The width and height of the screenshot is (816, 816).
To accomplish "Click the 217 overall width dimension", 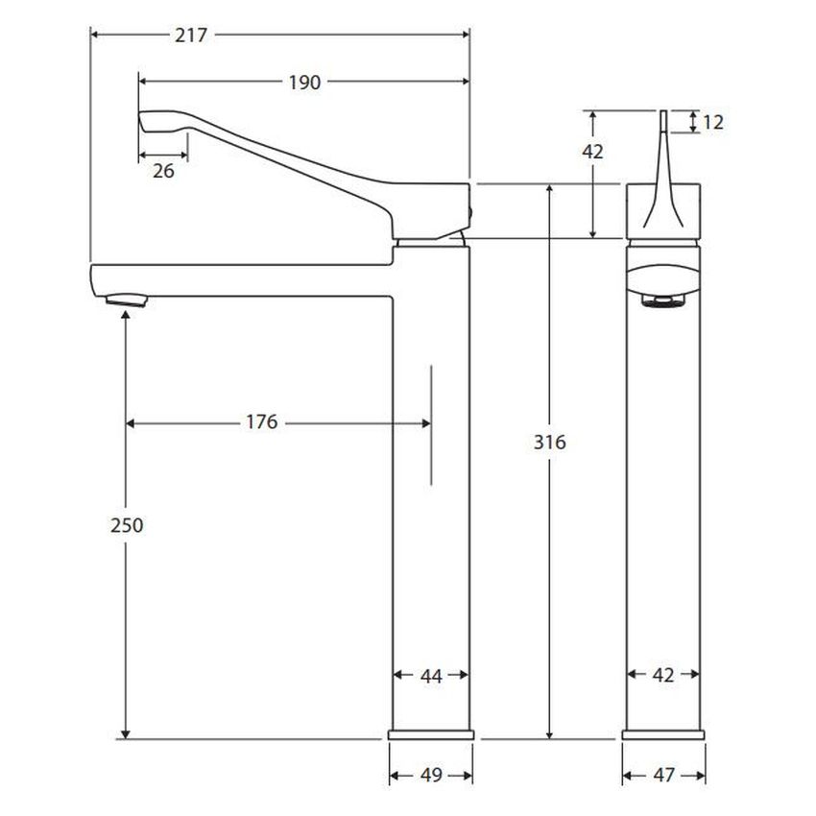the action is click(191, 36).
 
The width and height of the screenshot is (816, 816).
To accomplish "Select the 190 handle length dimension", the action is click(304, 83).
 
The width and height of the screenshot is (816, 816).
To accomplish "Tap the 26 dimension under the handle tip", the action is click(163, 171).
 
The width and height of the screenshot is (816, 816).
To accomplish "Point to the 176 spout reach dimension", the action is click(262, 422).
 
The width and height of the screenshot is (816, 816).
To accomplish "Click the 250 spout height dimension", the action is click(127, 526).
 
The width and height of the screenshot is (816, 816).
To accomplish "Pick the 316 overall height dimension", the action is click(549, 443).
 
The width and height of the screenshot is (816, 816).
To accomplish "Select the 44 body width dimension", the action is click(431, 676).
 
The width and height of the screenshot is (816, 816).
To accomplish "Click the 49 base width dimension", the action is click(431, 775).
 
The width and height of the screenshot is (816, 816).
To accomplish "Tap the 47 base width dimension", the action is click(663, 775).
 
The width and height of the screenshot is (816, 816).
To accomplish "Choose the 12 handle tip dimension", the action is click(713, 122).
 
